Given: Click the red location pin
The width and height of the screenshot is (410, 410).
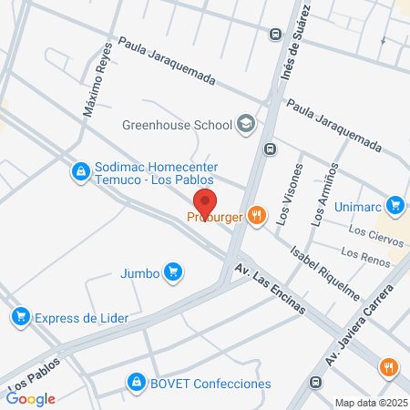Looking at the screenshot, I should pos(206,202).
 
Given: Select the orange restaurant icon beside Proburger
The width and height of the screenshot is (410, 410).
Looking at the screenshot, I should pos(258,216).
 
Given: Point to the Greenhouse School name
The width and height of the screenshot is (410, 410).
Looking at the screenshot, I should pos(177,126).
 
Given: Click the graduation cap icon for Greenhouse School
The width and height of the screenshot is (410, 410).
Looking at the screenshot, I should pos(245,125).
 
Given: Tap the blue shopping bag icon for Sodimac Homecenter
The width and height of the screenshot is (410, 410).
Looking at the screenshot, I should pos(81,170).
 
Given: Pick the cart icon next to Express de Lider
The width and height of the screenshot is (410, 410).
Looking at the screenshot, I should pos(19,317).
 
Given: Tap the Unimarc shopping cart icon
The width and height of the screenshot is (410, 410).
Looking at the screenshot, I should pos(395,205).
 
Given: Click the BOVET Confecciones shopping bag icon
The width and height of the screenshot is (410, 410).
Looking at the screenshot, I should pos(136,383).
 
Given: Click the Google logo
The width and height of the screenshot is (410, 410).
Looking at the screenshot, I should pos(31,398).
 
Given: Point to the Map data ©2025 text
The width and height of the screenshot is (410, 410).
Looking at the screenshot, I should pos(370,403).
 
